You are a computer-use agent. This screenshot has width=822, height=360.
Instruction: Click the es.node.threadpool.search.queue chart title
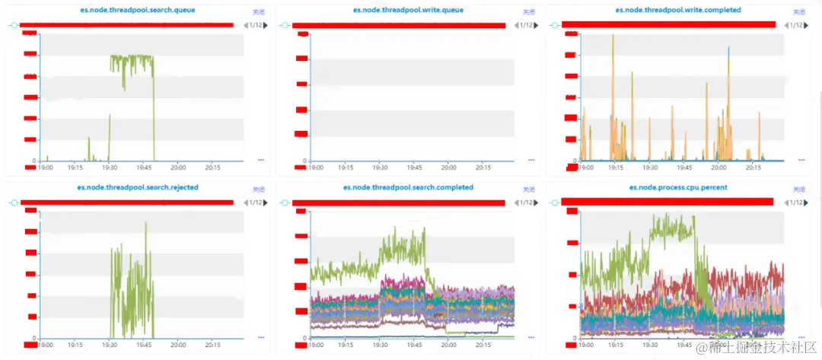tap(137, 11)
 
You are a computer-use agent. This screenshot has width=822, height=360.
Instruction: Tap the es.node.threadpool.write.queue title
tap(408, 11)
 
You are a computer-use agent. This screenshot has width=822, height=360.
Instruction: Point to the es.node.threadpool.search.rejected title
tap(137, 188)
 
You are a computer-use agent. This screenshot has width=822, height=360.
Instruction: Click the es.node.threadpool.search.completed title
tap(408, 188)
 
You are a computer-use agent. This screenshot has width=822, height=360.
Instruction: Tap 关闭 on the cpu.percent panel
tap(798, 190)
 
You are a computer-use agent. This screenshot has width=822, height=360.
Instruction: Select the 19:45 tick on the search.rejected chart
tap(143, 344)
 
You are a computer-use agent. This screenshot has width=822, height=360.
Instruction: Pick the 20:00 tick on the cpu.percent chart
tap(718, 344)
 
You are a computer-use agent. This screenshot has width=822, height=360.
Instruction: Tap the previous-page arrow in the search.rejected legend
tap(245, 202)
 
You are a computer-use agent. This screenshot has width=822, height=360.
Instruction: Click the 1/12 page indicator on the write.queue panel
tap(526, 25)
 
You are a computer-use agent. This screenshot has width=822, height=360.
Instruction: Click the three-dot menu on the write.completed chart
tap(801, 160)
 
